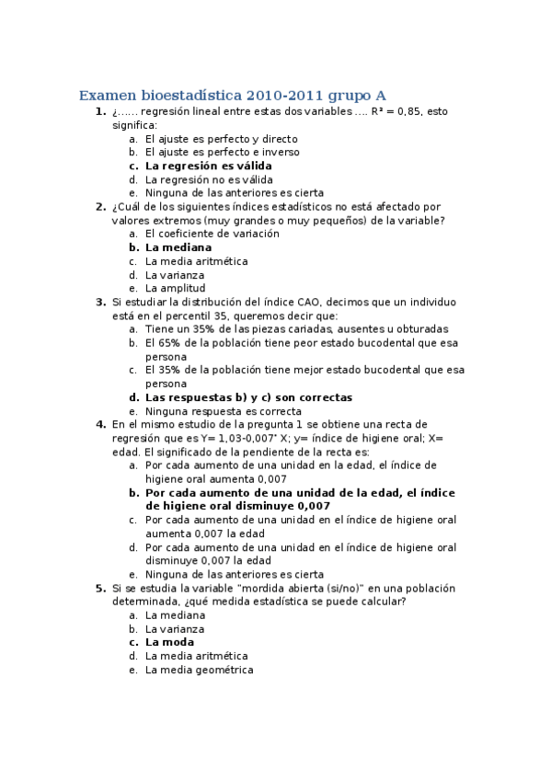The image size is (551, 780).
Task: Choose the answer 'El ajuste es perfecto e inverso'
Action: (222, 152)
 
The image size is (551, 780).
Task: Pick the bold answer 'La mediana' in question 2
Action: (178, 247)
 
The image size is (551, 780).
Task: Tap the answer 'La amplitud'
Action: (175, 288)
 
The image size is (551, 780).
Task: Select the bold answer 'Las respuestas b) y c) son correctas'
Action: (248, 397)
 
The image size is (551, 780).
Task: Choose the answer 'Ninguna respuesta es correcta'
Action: (224, 411)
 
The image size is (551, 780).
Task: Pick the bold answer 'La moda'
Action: (170, 642)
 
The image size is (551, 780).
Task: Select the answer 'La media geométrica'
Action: (199, 670)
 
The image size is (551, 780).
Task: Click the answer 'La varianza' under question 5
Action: (176, 628)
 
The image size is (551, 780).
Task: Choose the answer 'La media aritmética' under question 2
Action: (196, 261)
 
